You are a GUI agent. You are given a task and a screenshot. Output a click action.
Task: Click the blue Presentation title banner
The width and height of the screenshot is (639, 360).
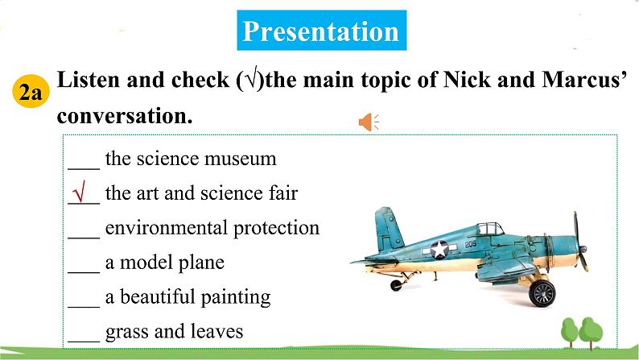click(x=322, y=31)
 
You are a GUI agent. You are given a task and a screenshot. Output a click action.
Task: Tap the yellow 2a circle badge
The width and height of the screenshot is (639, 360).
click(x=31, y=91)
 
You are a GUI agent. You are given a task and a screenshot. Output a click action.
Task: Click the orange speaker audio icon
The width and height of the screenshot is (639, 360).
click(x=369, y=122)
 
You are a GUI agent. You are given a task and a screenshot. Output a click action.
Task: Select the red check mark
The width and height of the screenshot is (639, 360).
click(x=80, y=192)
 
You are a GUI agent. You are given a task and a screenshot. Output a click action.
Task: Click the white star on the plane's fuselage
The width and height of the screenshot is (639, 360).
click(x=439, y=249)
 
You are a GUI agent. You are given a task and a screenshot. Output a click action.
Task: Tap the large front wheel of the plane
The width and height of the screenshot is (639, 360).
click(x=542, y=292)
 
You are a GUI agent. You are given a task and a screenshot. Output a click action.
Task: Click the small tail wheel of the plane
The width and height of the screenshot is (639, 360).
click(x=396, y=285)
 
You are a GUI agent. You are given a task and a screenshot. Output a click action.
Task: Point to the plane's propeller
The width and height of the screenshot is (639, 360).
click(x=580, y=242)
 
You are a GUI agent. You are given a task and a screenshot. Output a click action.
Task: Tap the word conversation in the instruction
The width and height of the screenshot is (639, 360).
click(x=125, y=116)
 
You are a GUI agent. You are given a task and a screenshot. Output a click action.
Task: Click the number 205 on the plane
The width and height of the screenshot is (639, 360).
click(x=470, y=244)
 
